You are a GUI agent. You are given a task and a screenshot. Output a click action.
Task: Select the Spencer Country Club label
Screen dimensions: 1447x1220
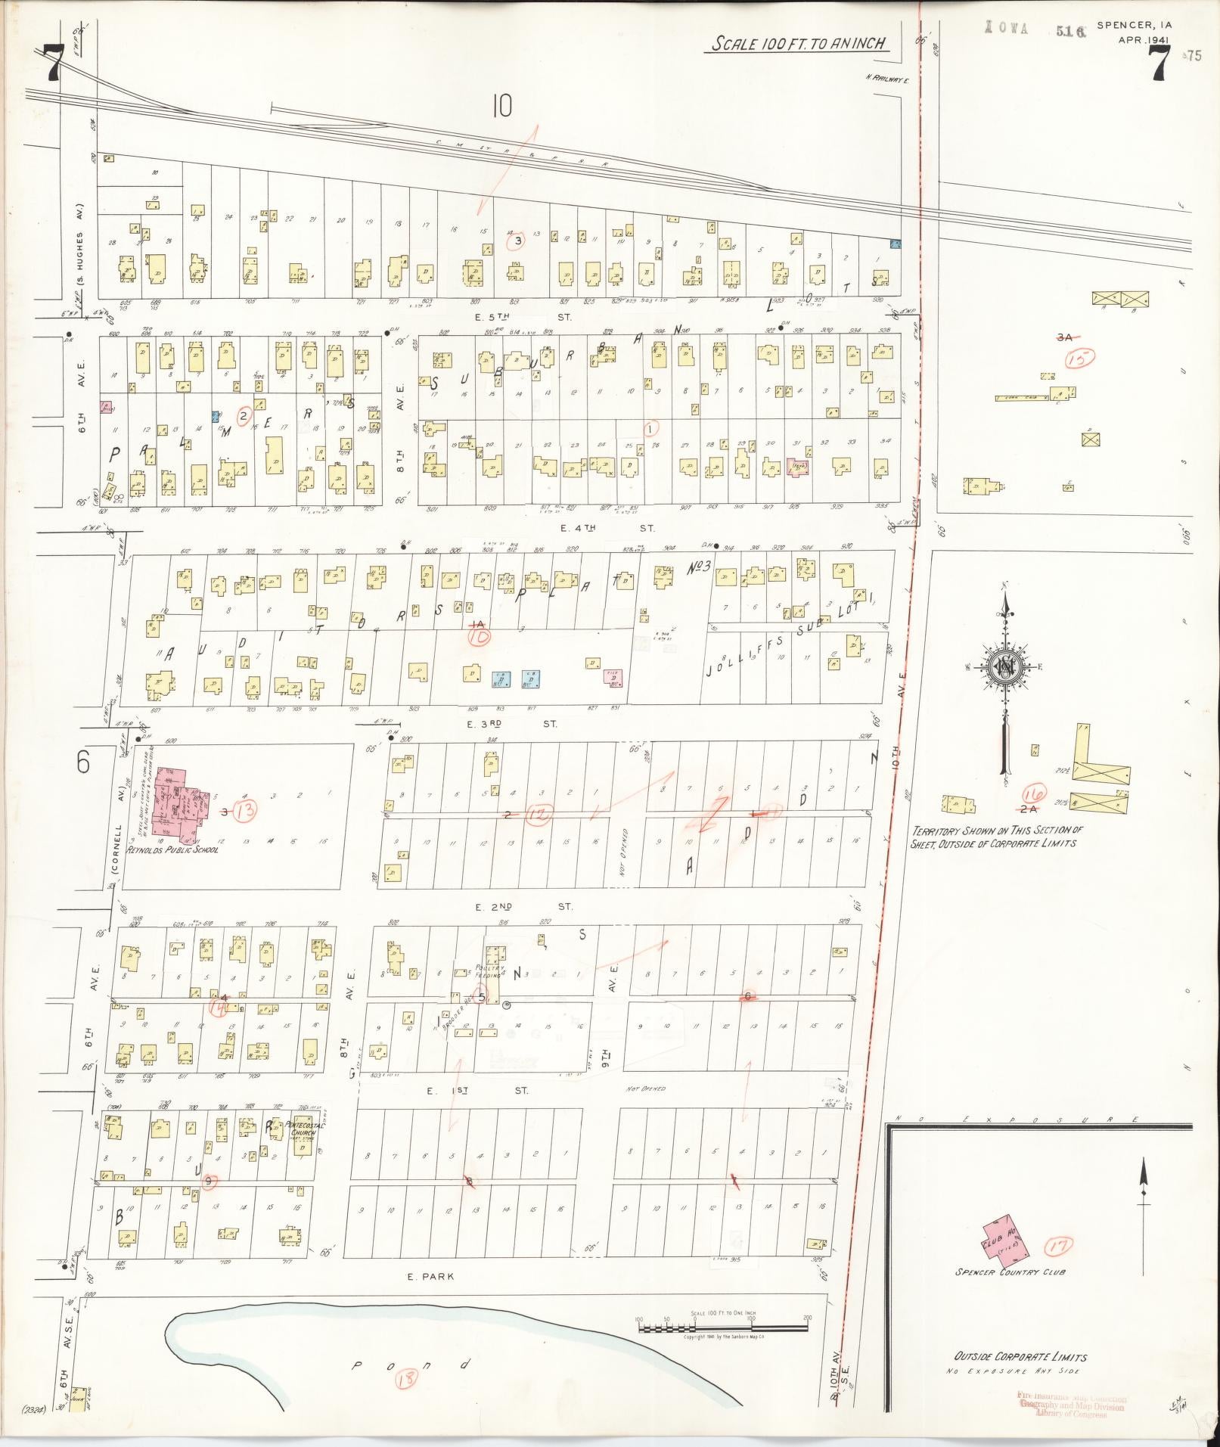(1010, 1272)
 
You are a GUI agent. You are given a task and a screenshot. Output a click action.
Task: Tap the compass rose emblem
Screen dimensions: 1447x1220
(1005, 666)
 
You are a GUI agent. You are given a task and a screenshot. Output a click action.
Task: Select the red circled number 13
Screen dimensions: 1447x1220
(245, 811)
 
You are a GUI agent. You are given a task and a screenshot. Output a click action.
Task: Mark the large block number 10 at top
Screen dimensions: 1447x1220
(501, 107)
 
